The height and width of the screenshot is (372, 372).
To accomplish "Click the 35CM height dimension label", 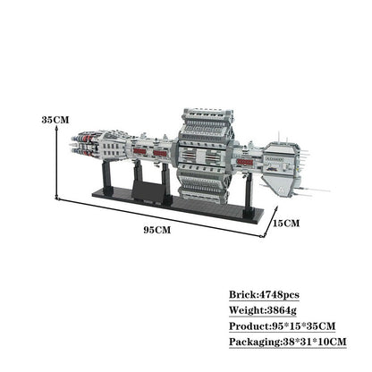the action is click(55, 120).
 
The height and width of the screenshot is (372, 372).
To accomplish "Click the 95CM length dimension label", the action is click(157, 230).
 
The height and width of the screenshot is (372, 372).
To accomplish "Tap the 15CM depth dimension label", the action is click(286, 223).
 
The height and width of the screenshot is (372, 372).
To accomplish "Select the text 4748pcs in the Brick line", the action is click(279, 295).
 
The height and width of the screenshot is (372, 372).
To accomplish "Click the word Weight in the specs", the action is click(247, 310).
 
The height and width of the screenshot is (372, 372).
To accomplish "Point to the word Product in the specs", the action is click(249, 326).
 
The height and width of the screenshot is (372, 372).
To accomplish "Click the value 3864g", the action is click(282, 310).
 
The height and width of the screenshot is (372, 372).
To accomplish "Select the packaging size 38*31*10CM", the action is click(314, 342).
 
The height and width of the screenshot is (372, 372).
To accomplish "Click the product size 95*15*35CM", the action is click(304, 326).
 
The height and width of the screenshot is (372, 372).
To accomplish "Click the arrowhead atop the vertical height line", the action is click(56, 127).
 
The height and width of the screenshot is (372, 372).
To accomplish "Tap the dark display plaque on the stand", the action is click(148, 190).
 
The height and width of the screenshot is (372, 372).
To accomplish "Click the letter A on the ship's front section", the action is click(281, 189).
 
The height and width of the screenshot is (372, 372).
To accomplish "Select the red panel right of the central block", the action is click(245, 162).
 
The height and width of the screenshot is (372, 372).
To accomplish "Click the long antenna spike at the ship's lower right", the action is click(315, 190).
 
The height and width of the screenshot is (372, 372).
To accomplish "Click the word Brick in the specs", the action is click(242, 295).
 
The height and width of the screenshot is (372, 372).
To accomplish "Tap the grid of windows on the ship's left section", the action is click(112, 150).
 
